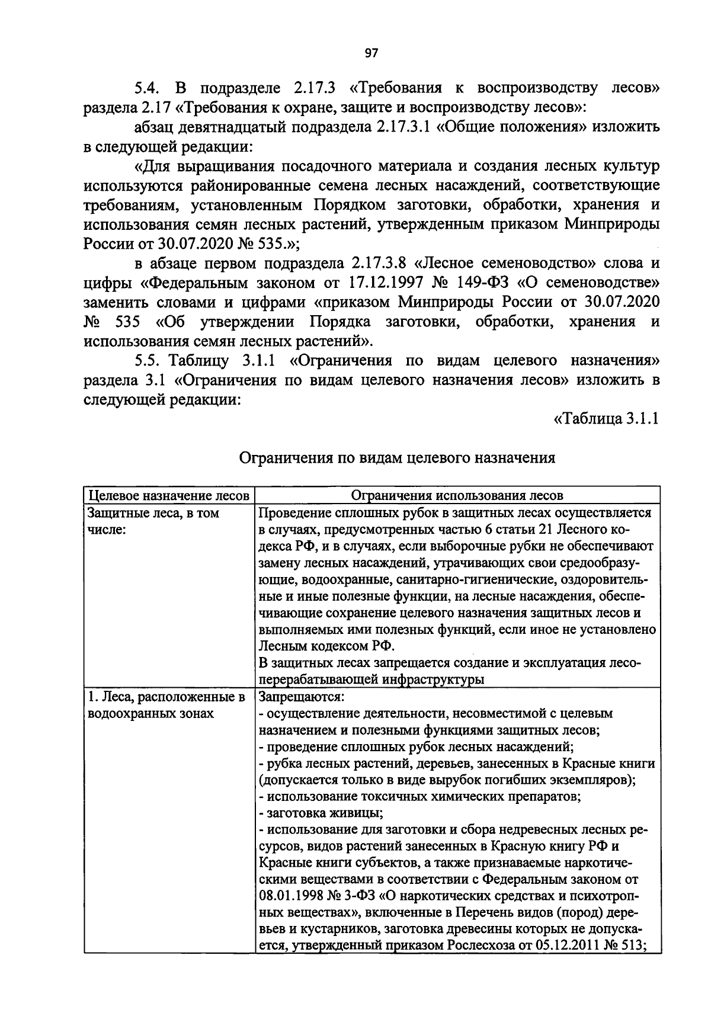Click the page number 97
(371, 53)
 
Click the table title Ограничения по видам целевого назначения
(397, 458)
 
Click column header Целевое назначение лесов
(168, 495)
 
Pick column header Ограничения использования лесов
(457, 495)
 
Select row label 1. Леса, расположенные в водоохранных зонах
(166, 705)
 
